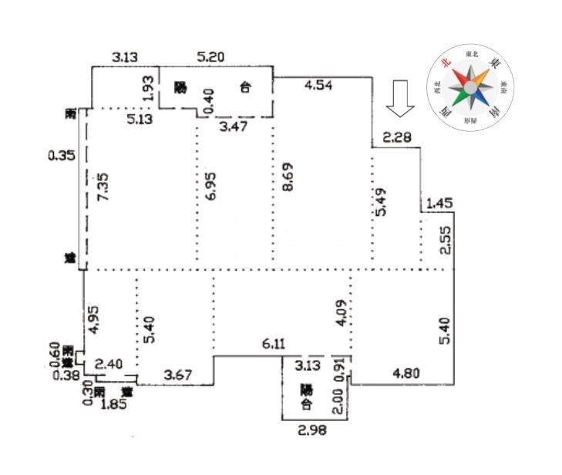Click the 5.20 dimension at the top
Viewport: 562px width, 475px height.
pos(211,57)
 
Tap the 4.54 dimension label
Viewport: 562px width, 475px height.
pos(318,86)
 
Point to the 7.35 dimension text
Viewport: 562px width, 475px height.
pos(103,187)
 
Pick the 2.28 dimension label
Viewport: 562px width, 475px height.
pos(397,138)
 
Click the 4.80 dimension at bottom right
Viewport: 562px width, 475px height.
pos(406,373)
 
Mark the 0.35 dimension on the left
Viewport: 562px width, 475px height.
pos(61,156)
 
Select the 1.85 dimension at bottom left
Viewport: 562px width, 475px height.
pos(116,403)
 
